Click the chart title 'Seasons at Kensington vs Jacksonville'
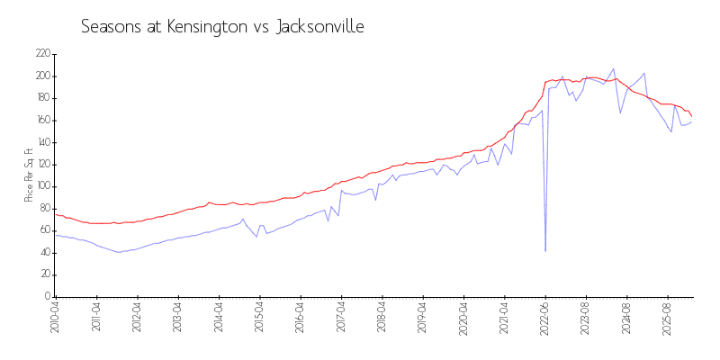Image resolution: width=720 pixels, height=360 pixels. pyautogui.click(x=222, y=26)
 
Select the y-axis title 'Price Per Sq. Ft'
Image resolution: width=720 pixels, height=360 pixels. pyautogui.click(x=29, y=175)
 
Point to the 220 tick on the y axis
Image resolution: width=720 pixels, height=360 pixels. pyautogui.click(x=42, y=54)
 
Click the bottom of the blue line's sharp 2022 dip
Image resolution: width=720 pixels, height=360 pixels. pyautogui.click(x=545, y=250)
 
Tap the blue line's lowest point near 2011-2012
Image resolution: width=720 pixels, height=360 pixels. pyautogui.click(x=119, y=252)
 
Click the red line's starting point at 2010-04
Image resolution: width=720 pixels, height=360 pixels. pyautogui.click(x=55, y=214)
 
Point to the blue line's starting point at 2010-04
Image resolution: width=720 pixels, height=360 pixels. pyautogui.click(x=55, y=235)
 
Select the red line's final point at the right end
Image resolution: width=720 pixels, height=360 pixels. pyautogui.click(x=691, y=116)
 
